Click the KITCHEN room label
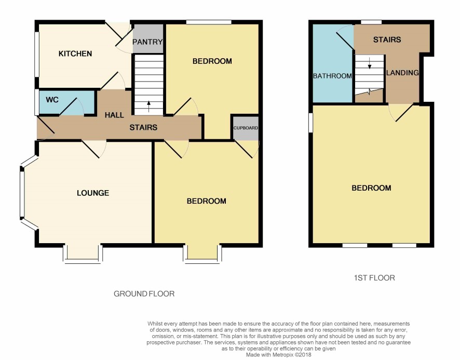pyautogui.click(x=75, y=54)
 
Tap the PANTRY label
pyautogui.click(x=147, y=42)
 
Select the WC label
pyautogui.click(x=52, y=100)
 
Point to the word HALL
pyautogui.click(x=114, y=115)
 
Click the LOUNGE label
pyautogui.click(x=93, y=193)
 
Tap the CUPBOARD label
pyautogui.click(x=246, y=128)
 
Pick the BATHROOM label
pyautogui.click(x=332, y=76)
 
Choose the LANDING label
pyautogui.click(x=402, y=73)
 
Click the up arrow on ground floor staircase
pyautogui.click(x=148, y=106)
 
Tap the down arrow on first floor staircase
pyautogui.click(x=370, y=63)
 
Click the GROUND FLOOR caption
pyautogui.click(x=144, y=294)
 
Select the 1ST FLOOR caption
pyautogui.click(x=374, y=278)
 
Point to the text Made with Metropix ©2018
pyautogui.click(x=278, y=355)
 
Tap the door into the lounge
pyautogui.click(x=93, y=150)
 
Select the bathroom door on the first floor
pyautogui.click(x=345, y=37)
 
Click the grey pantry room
pyautogui.click(x=148, y=38)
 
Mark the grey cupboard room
pyautogui.click(x=246, y=128)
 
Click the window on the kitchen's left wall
pyautogui.click(x=37, y=55)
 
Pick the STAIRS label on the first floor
pyautogui.click(x=387, y=39)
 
